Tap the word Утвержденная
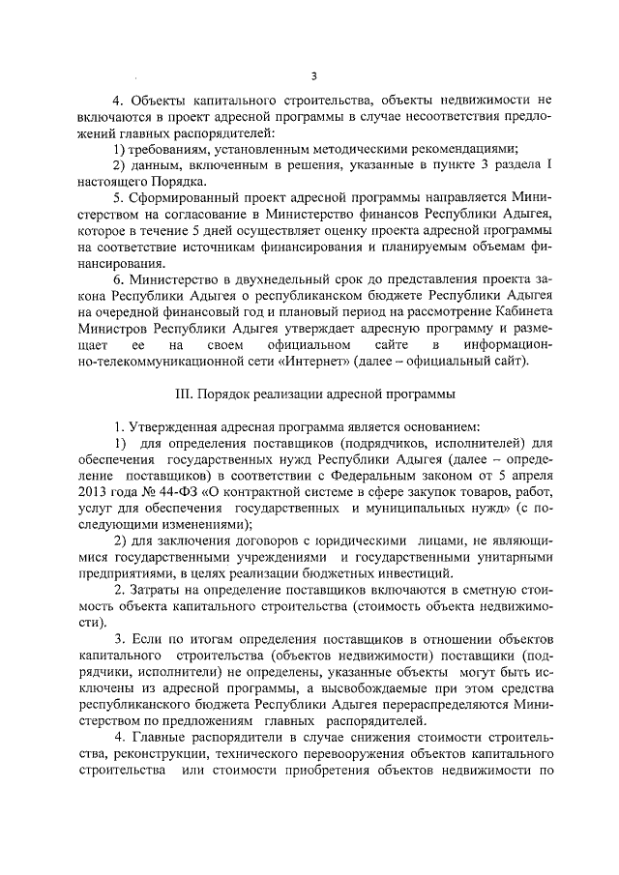click(x=180, y=455)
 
